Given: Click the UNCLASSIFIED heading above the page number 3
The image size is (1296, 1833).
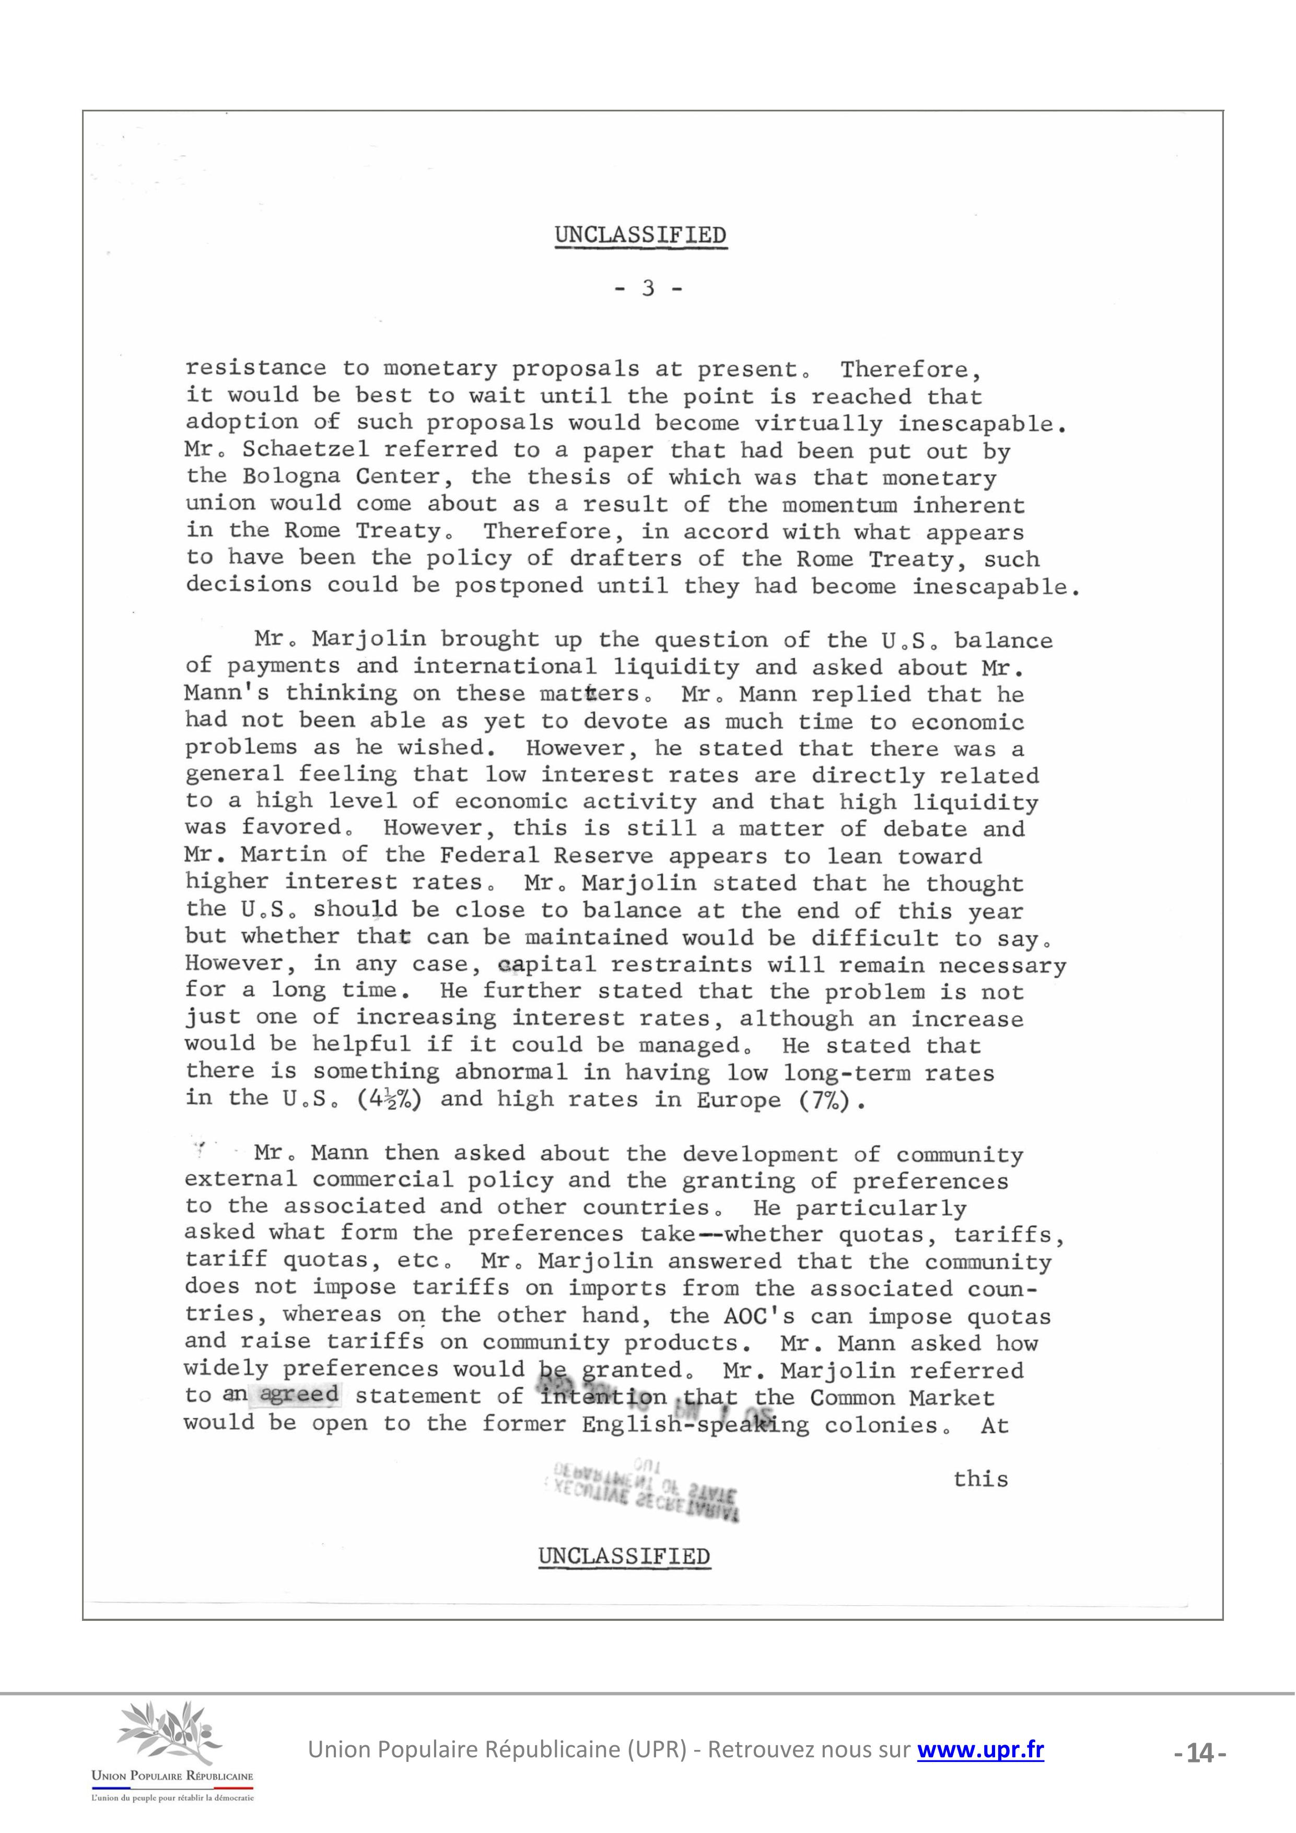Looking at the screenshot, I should click(x=641, y=236).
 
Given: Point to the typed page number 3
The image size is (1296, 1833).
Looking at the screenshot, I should click(x=648, y=288).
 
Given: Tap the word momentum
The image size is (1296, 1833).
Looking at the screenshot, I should click(x=839, y=505).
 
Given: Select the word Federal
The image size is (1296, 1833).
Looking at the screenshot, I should click(x=488, y=856).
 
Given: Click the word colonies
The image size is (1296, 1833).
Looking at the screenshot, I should click(x=886, y=1426).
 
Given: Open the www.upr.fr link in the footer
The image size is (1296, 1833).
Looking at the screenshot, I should click(x=980, y=1750).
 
